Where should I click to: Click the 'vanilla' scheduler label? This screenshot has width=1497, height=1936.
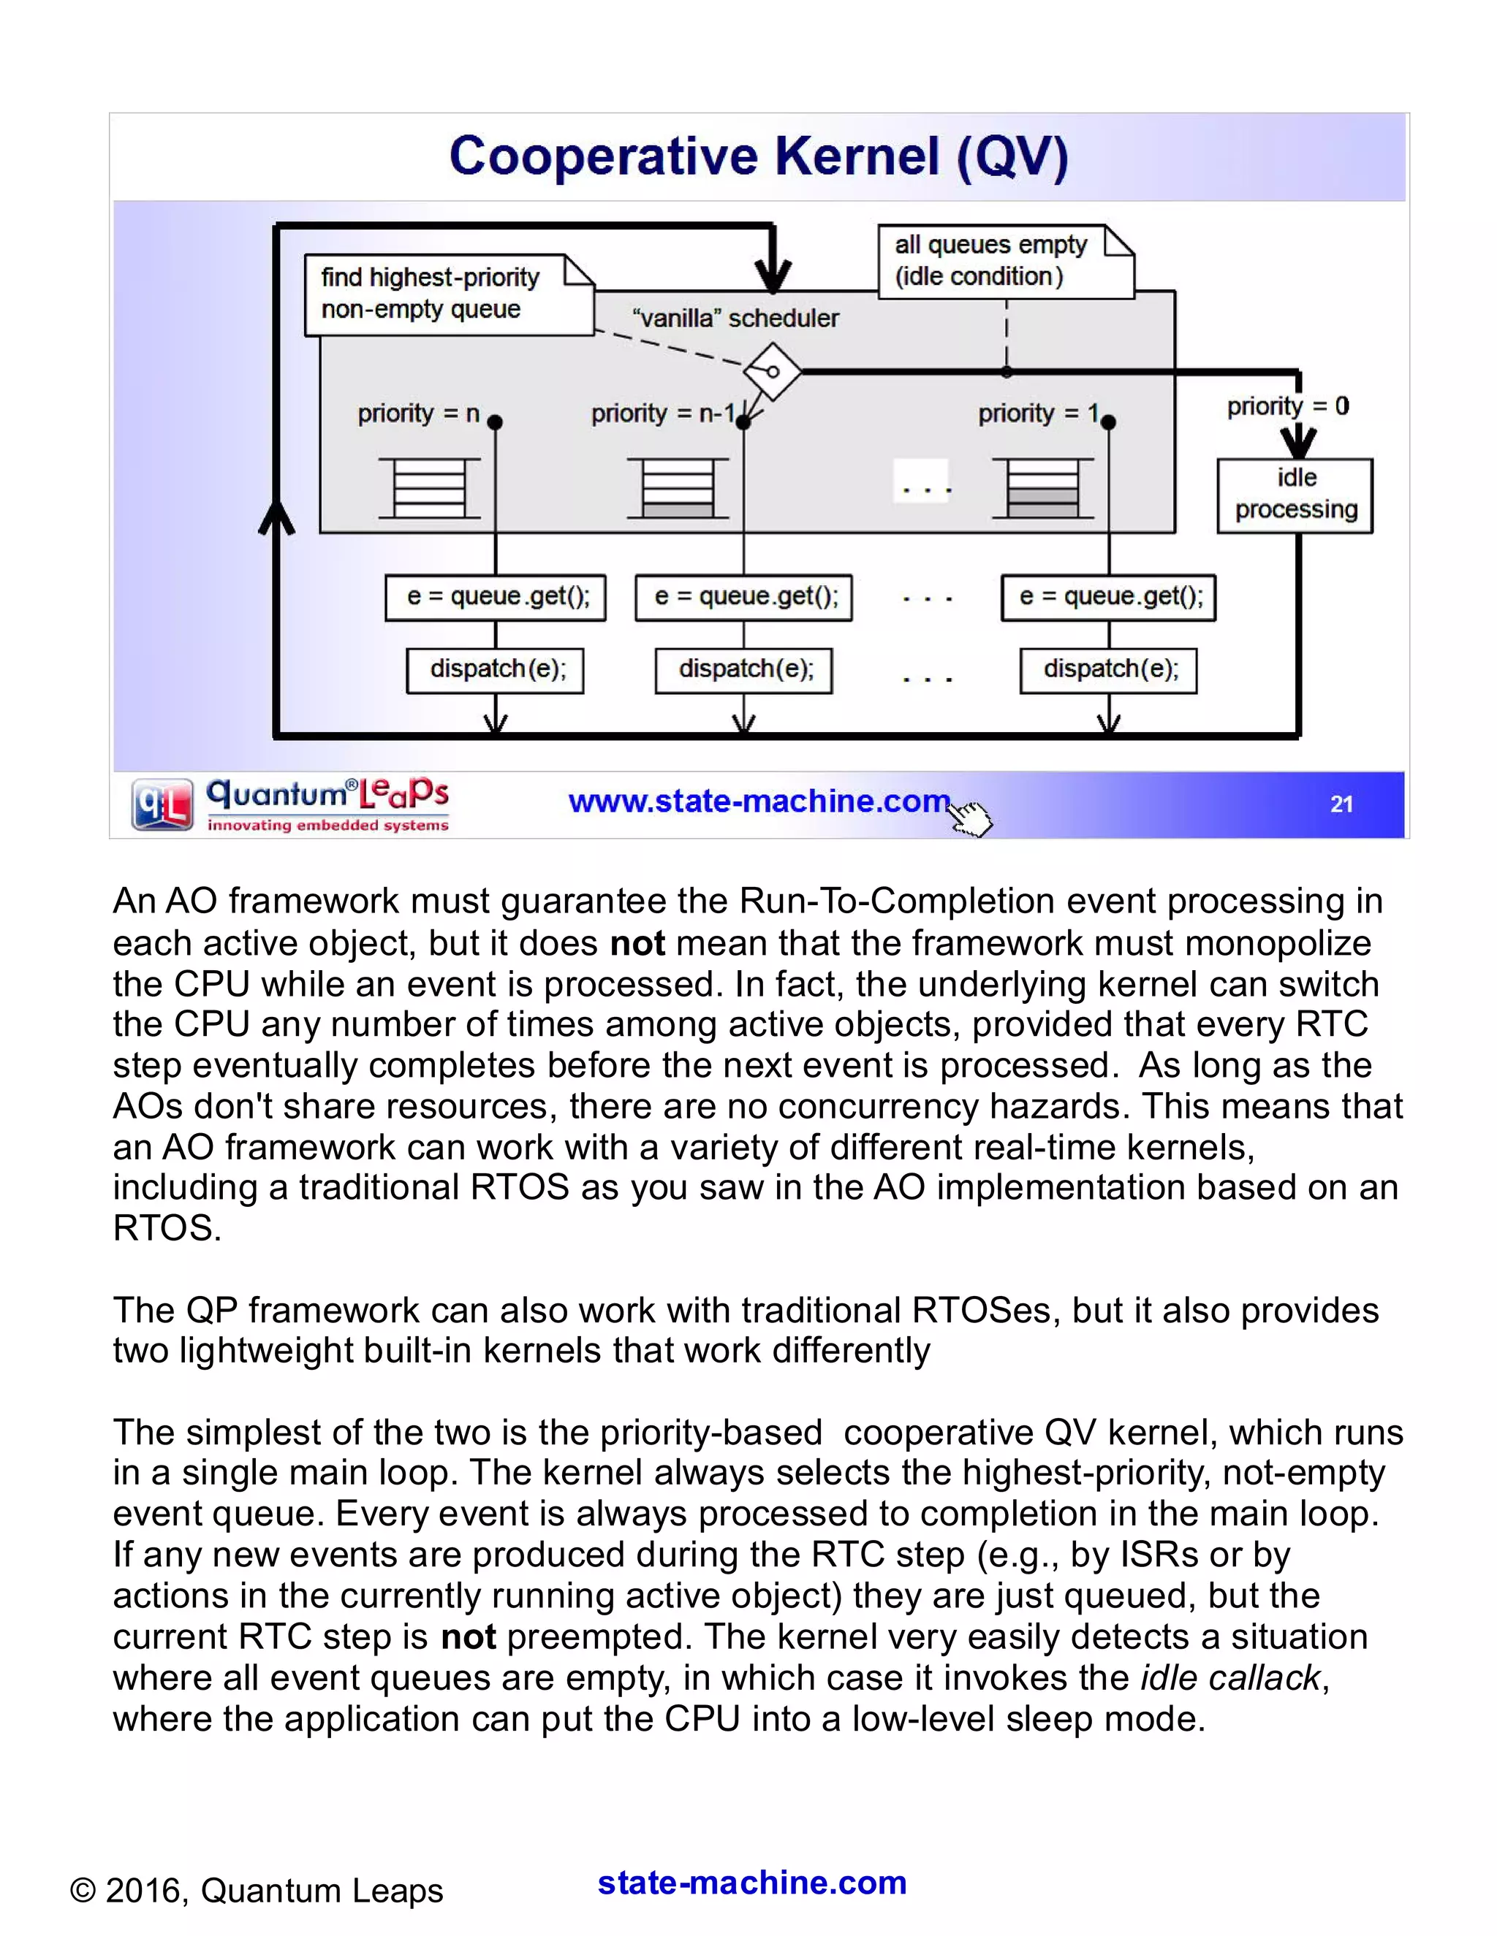[735, 319]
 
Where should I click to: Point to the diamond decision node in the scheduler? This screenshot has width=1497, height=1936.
[773, 370]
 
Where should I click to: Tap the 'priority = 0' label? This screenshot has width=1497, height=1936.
[1288, 407]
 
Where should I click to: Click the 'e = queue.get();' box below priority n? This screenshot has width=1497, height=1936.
[495, 598]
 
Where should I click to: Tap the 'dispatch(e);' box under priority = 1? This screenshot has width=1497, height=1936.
[1109, 670]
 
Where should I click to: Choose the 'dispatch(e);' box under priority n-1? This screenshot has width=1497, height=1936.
[744, 670]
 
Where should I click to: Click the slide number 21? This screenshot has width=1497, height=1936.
[1341, 804]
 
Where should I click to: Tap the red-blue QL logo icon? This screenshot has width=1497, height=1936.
[162, 804]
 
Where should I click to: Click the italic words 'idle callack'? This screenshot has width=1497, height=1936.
[1231, 1678]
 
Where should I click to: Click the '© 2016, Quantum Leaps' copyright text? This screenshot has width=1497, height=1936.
[257, 1890]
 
